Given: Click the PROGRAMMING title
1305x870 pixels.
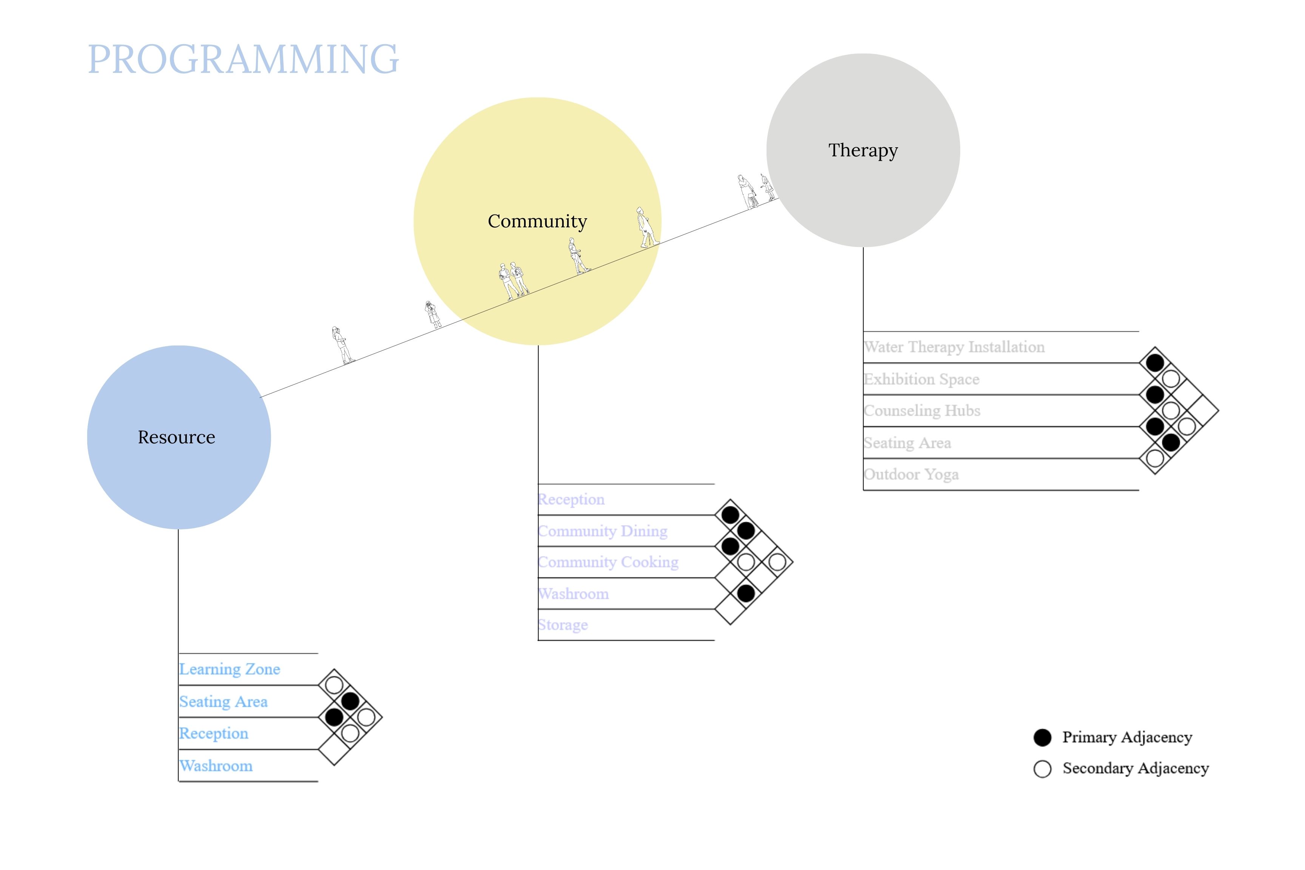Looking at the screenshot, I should point(243,59).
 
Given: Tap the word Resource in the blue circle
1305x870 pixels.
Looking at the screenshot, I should point(176,437).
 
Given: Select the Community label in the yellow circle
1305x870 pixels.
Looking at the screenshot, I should point(537,221).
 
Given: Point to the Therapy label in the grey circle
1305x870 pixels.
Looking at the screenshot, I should point(863,150).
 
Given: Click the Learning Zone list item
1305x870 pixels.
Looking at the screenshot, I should point(229,669).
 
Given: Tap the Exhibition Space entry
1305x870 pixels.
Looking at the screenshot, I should point(921,379).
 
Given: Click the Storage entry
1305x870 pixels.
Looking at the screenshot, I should point(563,625).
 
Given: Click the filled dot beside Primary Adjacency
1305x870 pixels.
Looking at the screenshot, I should point(1042,737).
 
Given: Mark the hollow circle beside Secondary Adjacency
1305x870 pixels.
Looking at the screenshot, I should point(1042,769).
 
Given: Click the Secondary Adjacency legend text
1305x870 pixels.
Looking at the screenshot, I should point(1135,768).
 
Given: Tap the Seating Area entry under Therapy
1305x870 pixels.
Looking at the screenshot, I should point(907,443).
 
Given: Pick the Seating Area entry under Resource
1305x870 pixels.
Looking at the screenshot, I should point(223,702).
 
